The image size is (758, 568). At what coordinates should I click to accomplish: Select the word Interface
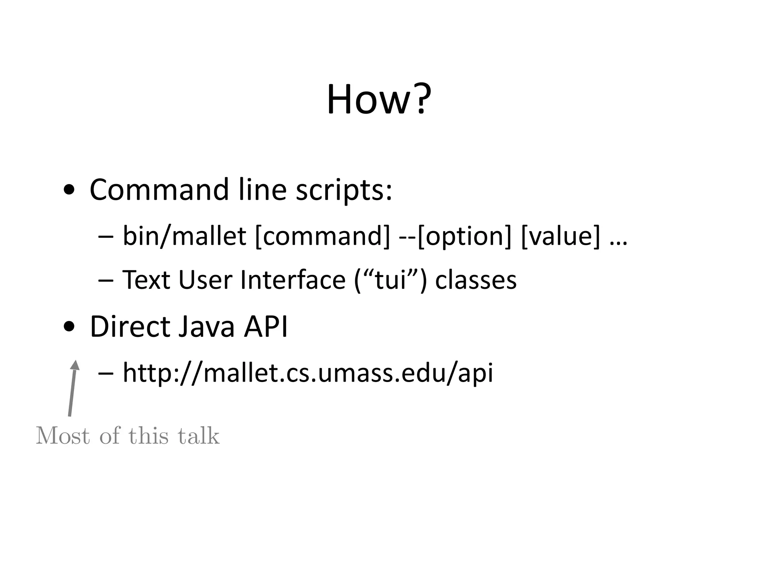tap(293, 280)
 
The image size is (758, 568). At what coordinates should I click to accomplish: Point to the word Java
tap(206, 327)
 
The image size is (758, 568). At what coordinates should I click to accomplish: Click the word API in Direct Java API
tap(265, 327)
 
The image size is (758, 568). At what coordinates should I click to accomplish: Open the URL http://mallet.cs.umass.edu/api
tap(308, 373)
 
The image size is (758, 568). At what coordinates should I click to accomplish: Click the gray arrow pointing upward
tap(73, 388)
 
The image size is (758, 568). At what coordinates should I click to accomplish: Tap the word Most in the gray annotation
tap(63, 436)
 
